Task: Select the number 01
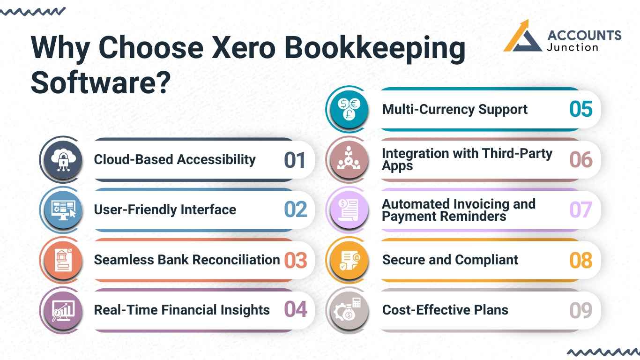295,160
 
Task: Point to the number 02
296,210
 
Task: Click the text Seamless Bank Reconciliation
186,260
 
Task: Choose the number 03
296,260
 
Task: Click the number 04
296,310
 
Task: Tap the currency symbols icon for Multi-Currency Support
349,109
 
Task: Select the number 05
581,109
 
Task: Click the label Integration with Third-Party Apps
467,160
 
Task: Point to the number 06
581,160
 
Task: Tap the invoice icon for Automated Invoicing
349,210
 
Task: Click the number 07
581,210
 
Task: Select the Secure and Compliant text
450,260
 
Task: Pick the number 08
581,260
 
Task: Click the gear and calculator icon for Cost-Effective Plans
349,310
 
